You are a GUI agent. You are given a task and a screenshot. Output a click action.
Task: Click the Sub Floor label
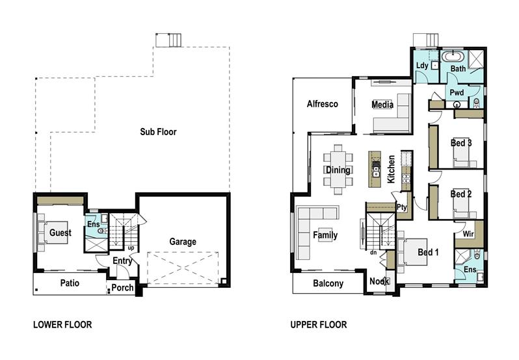(158, 132)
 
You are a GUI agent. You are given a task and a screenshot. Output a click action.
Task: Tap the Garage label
(183, 242)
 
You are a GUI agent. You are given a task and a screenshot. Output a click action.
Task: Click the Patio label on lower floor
(70, 283)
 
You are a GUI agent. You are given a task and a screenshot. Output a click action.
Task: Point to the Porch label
(122, 287)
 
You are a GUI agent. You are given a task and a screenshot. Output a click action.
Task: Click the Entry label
(122, 261)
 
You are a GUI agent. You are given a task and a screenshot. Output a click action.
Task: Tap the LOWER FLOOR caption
(62, 325)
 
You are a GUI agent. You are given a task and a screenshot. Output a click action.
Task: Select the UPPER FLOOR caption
(319, 325)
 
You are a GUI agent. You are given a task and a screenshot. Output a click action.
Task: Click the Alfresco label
(322, 104)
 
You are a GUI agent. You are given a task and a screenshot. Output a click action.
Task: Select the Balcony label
(328, 283)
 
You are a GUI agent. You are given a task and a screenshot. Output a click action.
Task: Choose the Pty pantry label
(401, 207)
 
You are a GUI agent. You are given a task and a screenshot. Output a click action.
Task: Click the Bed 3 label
(460, 143)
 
